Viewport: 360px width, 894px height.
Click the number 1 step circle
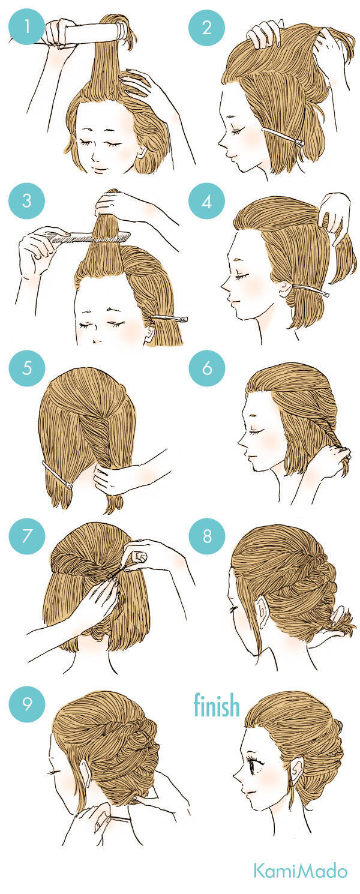coord(27,27)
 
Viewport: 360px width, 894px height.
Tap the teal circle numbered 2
coord(207,28)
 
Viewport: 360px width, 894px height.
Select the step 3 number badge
coord(27,200)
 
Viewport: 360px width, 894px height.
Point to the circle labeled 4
coord(207,202)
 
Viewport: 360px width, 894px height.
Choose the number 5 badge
coord(27,368)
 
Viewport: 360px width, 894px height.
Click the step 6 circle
coord(207,368)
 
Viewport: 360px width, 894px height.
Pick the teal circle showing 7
coord(27,536)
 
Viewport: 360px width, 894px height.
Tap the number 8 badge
coord(207,536)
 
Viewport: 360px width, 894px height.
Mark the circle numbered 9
coord(27,703)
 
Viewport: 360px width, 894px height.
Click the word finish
coord(217,705)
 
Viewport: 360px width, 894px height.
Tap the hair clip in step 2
coord(284,136)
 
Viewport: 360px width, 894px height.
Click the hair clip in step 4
coord(311,290)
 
